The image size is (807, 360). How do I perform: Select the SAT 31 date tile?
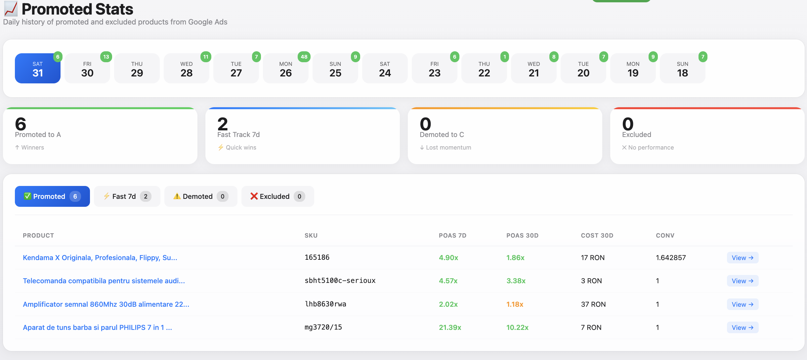[37, 68]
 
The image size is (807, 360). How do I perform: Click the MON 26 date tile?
[285, 68]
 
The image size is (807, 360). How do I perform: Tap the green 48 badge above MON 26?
[304, 57]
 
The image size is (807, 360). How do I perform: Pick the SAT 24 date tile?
[385, 68]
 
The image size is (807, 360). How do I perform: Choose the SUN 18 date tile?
[682, 68]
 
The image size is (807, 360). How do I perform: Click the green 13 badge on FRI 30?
[106, 57]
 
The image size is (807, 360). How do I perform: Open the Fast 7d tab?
[127, 196]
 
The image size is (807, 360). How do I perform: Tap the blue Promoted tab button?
[52, 196]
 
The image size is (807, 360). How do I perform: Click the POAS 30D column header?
[522, 235]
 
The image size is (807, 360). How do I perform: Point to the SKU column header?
[311, 235]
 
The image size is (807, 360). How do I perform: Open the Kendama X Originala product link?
[100, 257]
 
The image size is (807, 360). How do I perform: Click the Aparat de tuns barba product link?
[97, 327]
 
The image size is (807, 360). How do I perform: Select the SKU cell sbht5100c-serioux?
[340, 281]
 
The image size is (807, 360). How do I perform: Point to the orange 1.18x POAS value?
[515, 304]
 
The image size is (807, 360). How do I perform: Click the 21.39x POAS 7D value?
[450, 327]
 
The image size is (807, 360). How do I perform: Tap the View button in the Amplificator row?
[742, 304]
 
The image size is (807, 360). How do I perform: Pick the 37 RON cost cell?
[593, 304]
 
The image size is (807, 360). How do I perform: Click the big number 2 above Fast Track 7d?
[223, 124]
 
